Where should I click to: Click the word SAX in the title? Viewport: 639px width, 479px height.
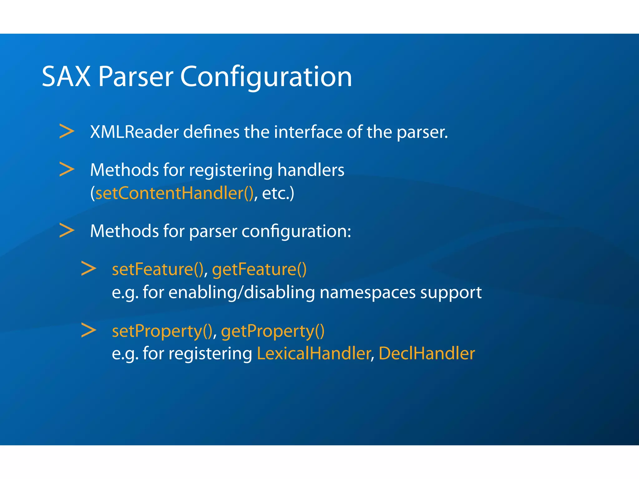tap(66, 77)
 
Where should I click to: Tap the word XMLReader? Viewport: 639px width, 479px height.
tap(134, 132)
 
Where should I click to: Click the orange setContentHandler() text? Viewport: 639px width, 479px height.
tap(174, 193)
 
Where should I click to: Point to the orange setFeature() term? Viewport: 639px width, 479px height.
tap(158, 269)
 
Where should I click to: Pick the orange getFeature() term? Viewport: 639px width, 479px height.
tap(259, 270)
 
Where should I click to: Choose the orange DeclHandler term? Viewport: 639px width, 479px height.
tap(427, 353)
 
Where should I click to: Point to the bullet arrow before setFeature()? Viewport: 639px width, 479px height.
tap(89, 269)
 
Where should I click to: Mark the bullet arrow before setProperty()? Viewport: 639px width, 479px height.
tap(89, 330)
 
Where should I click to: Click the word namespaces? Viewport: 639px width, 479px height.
tap(368, 293)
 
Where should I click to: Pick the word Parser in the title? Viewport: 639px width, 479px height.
tap(136, 77)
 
